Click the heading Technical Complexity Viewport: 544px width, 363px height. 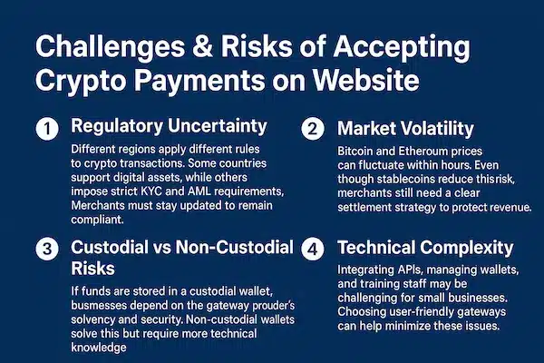[426, 247]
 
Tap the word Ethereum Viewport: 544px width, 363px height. [418, 151]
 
